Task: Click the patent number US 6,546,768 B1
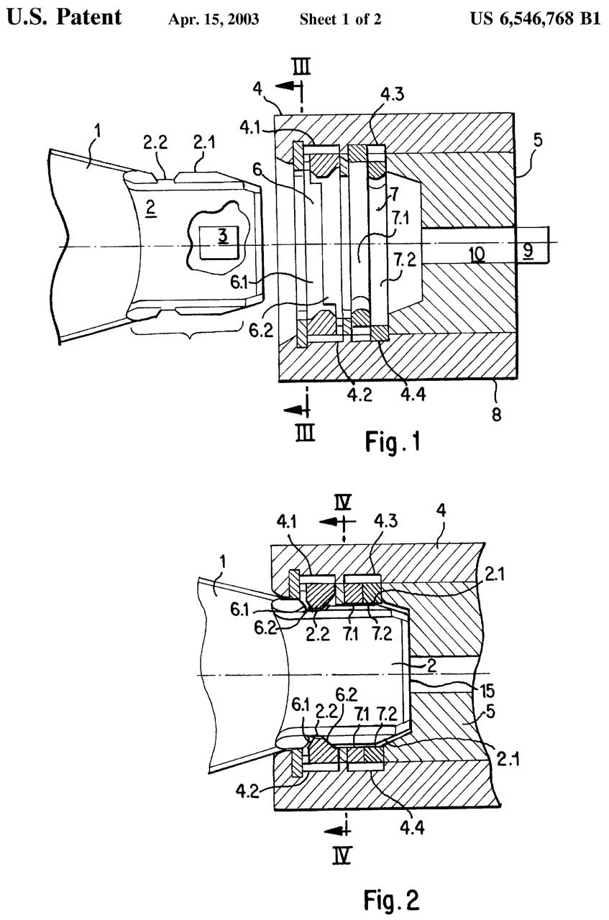point(536,19)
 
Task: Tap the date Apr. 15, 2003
point(214,19)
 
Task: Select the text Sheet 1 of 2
point(340,19)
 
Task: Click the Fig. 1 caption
point(393,443)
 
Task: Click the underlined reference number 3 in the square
point(223,237)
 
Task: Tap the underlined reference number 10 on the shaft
point(477,254)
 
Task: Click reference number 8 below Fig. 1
point(496,415)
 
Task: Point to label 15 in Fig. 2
point(487,691)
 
